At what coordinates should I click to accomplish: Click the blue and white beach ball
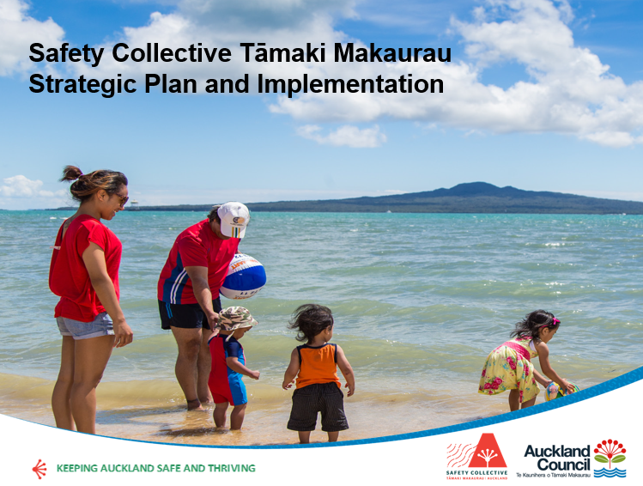pyautogui.click(x=243, y=276)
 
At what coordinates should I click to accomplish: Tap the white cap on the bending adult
pyautogui.click(x=233, y=217)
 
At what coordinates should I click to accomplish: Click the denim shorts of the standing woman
pyautogui.click(x=85, y=325)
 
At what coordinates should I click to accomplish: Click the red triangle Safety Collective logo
pyautogui.click(x=486, y=451)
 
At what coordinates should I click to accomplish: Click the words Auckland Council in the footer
pyautogui.click(x=557, y=458)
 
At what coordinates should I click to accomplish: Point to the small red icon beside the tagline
pyautogui.click(x=38, y=468)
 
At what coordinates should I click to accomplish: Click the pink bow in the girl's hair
pyautogui.click(x=554, y=321)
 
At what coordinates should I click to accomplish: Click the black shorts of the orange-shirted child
pyautogui.click(x=318, y=406)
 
